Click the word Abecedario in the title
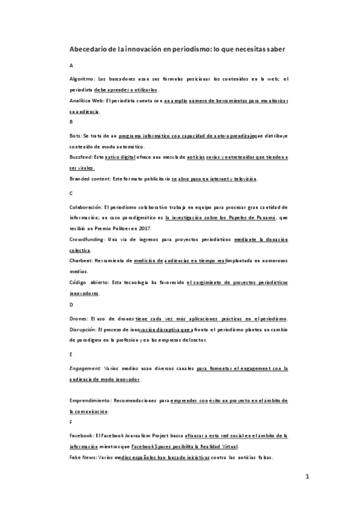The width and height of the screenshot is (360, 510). [90, 49]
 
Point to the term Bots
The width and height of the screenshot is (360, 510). [75, 136]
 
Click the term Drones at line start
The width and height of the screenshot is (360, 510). [79, 318]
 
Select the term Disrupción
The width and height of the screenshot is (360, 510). [82, 328]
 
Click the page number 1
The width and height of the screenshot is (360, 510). [307, 478]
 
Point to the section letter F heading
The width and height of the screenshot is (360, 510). [71, 422]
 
